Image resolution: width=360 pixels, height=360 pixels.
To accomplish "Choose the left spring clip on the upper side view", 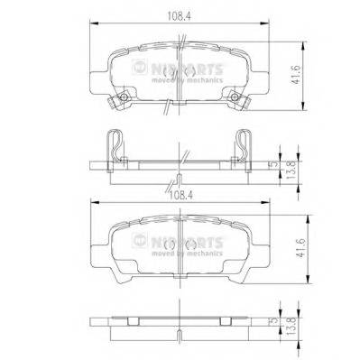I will click(112, 143).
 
